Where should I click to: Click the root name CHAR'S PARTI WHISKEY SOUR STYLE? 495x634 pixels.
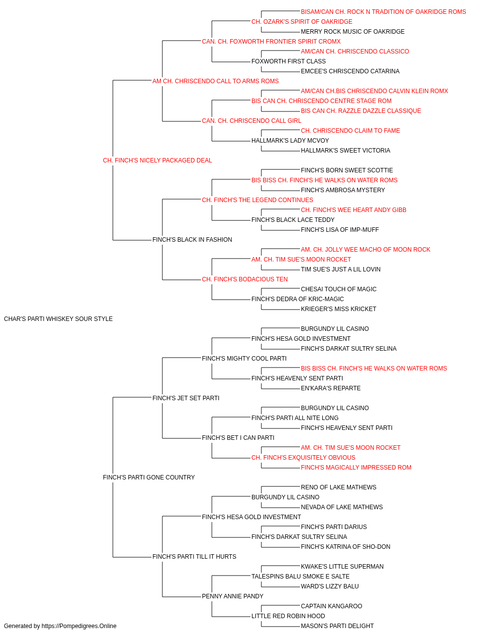(58, 319)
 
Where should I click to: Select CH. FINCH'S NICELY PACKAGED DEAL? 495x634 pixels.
(157, 160)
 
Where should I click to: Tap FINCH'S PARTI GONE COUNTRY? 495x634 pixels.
(148, 477)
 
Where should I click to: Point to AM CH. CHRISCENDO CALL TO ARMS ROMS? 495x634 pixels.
(215, 81)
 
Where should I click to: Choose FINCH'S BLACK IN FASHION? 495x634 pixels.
(192, 240)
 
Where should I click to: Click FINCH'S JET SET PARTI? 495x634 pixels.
(186, 398)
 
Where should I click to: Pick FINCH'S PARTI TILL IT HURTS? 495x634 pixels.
(194, 556)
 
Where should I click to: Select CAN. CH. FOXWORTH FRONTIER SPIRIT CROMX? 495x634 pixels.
(271, 42)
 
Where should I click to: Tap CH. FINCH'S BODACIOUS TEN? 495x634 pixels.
(245, 279)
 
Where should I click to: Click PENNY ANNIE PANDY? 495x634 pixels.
(233, 596)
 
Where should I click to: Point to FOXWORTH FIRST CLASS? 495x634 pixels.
(289, 61)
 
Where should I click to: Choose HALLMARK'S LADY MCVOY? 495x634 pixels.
(290, 141)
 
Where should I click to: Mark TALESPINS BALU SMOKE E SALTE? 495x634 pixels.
(300, 576)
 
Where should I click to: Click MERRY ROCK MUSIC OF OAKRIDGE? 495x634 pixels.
(352, 32)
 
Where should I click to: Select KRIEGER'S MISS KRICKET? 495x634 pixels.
(339, 309)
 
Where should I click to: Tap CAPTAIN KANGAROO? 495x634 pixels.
(332, 606)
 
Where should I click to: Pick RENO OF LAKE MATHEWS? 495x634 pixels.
(339, 487)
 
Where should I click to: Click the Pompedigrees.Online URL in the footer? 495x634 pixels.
(79, 626)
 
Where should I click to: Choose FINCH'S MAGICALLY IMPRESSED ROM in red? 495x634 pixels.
(356, 468)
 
